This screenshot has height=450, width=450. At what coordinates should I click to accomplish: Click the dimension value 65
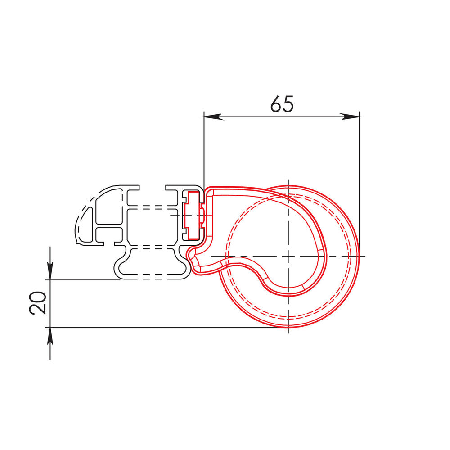coord(282,104)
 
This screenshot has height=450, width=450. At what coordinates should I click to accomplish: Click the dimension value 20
coord(38,302)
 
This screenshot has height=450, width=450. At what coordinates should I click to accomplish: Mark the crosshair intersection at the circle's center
coord(288,256)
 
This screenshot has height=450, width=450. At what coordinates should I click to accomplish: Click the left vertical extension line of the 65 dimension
coord(203,148)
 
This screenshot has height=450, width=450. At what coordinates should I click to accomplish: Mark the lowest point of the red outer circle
coord(288,327)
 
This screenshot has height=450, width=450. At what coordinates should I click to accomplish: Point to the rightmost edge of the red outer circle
coord(359,256)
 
